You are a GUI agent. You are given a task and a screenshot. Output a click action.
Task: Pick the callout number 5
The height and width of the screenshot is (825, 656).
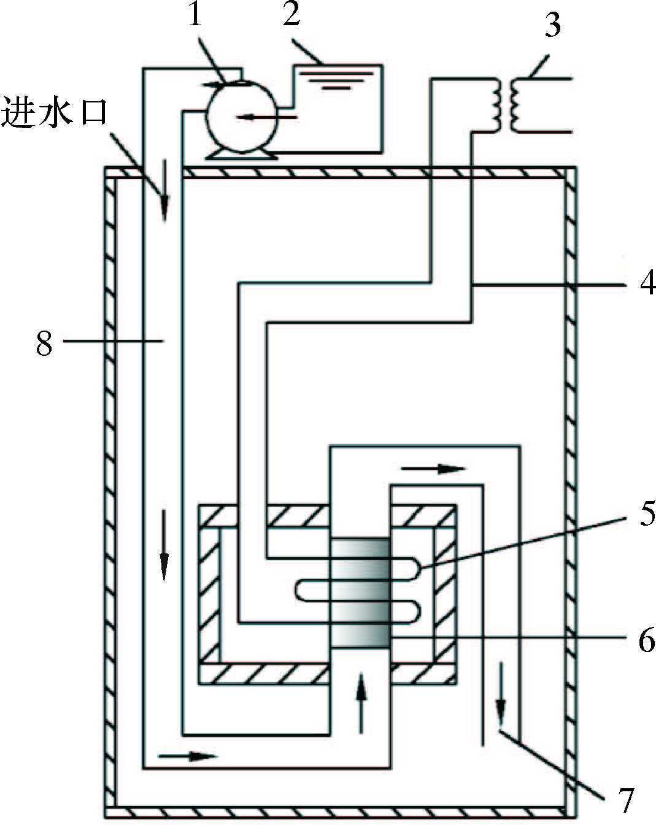642,515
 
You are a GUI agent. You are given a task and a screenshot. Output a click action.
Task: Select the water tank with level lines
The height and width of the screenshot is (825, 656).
338,107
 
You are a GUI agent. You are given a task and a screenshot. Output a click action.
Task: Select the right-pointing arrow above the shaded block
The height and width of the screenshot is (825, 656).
433,469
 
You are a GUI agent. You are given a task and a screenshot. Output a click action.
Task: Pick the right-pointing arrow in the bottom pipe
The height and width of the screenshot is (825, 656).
187,755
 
